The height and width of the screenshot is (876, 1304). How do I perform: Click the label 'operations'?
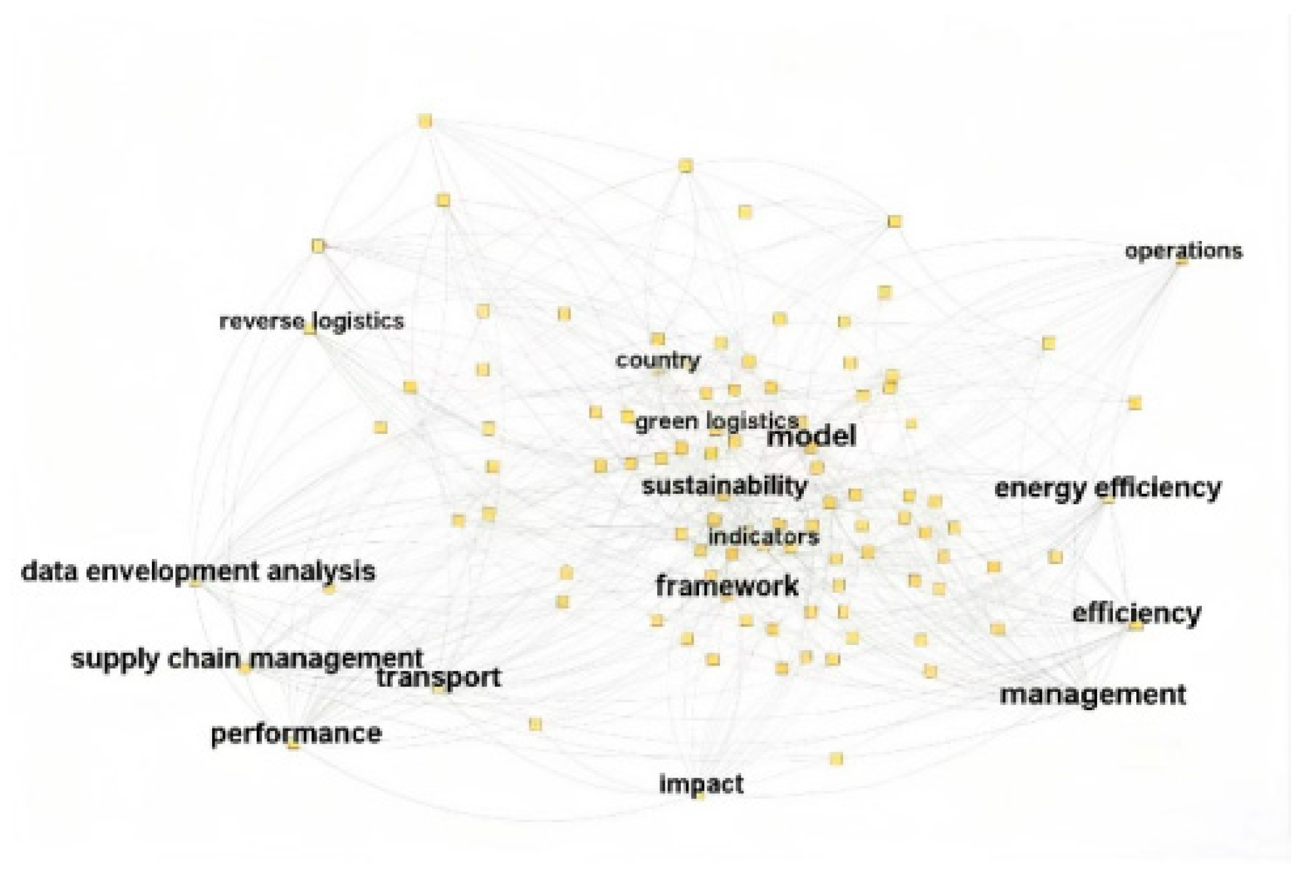pyautogui.click(x=1183, y=251)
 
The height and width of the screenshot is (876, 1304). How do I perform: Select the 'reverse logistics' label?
pyautogui.click(x=311, y=321)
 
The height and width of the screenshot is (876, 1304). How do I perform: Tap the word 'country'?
pyautogui.click(x=658, y=360)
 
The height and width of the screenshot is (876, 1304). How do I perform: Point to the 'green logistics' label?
pyautogui.click(x=716, y=421)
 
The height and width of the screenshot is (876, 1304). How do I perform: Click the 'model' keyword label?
pyautogui.click(x=812, y=436)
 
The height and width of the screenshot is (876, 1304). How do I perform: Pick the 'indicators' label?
pyautogui.click(x=763, y=536)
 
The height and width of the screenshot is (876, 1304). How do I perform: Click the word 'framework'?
pyautogui.click(x=727, y=585)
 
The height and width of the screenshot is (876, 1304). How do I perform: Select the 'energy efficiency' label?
pyautogui.click(x=1108, y=488)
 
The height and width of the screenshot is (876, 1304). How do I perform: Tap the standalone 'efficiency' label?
pyautogui.click(x=1136, y=613)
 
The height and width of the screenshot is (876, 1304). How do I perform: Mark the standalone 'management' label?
pyautogui.click(x=1092, y=695)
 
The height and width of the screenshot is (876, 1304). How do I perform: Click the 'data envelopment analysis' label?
pyautogui.click(x=198, y=571)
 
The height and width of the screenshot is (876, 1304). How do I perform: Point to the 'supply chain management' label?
pyautogui.click(x=247, y=658)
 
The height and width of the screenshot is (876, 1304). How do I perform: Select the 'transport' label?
pyautogui.click(x=439, y=678)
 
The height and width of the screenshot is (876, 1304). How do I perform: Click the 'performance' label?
pyautogui.click(x=296, y=733)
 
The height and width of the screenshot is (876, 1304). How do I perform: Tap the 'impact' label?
pyautogui.click(x=701, y=783)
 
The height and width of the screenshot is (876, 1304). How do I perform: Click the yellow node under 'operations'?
pyautogui.click(x=1182, y=260)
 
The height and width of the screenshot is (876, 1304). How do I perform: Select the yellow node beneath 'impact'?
pyautogui.click(x=699, y=796)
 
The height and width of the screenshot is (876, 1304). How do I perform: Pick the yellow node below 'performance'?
pyautogui.click(x=293, y=744)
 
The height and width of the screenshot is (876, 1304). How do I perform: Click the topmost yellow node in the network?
pyautogui.click(x=425, y=121)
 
